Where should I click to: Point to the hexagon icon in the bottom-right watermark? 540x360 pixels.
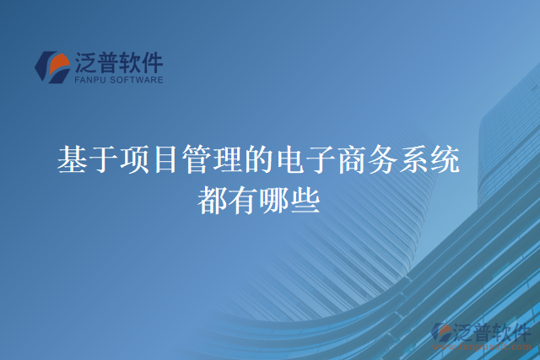tap(443, 334)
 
